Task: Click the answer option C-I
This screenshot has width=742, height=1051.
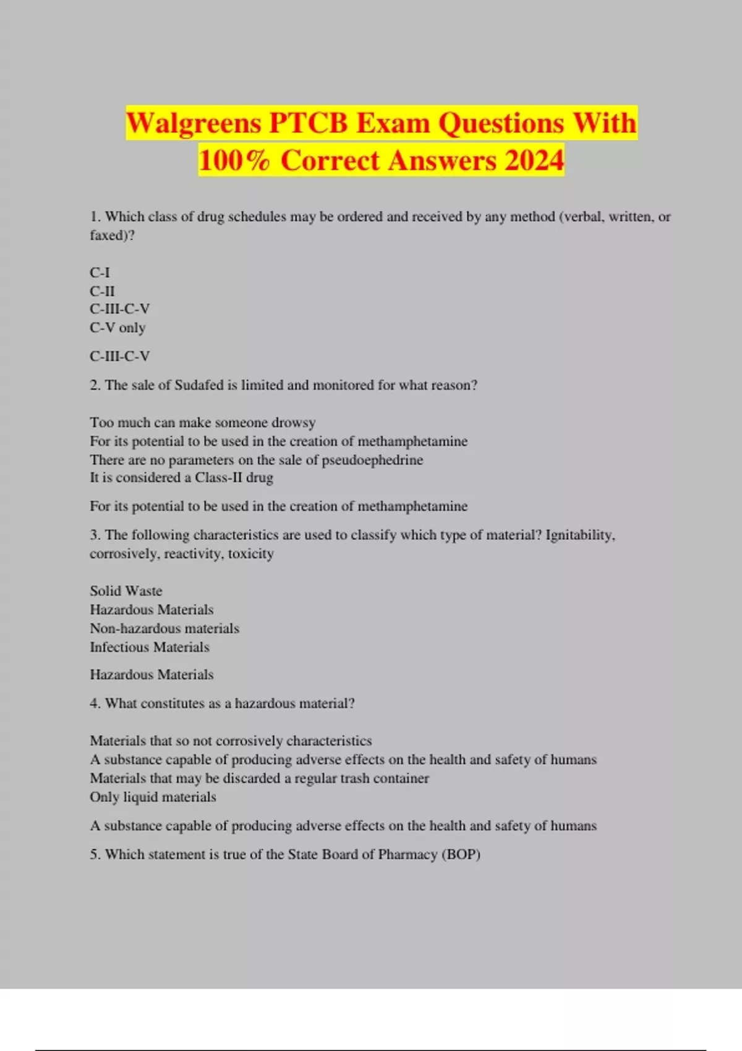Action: pos(100,273)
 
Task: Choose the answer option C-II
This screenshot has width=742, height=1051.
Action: pos(102,291)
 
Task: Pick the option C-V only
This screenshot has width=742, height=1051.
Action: pos(117,328)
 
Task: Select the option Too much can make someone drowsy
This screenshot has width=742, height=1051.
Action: pos(202,423)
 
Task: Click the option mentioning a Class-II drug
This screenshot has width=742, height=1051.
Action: pos(181,478)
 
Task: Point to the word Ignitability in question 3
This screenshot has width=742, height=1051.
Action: pos(579,535)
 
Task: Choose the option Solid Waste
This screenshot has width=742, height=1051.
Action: pos(126,591)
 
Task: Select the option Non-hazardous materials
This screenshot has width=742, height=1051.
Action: pos(164,629)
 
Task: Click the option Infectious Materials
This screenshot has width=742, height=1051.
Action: pos(149,647)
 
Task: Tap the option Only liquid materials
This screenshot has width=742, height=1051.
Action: pos(153,797)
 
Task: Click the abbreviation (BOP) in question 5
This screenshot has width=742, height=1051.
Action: pos(460,854)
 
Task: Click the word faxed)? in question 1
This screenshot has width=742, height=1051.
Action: pos(112,236)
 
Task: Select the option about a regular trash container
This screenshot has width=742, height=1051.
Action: pos(259,778)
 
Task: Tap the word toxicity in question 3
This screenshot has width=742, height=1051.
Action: pos(250,554)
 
